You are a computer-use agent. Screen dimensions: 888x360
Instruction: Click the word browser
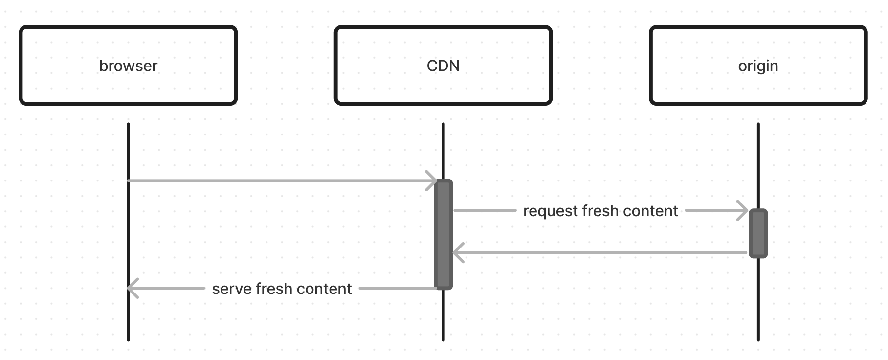pyautogui.click(x=128, y=66)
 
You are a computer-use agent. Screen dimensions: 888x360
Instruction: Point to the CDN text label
pyautogui.click(x=443, y=66)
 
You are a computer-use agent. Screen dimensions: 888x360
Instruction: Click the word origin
pyautogui.click(x=758, y=66)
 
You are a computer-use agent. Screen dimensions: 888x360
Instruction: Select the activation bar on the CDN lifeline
pyautogui.click(x=444, y=234)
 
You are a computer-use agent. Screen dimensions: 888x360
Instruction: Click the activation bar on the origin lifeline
pyautogui.click(x=758, y=233)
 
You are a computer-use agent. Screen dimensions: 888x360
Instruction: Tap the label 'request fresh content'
pyautogui.click(x=600, y=211)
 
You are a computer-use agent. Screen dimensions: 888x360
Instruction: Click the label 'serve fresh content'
pyautogui.click(x=282, y=289)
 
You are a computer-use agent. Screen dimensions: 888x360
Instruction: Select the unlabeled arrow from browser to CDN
pyautogui.click(x=282, y=181)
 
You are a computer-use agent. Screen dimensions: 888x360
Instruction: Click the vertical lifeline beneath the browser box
pyautogui.click(x=128, y=232)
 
